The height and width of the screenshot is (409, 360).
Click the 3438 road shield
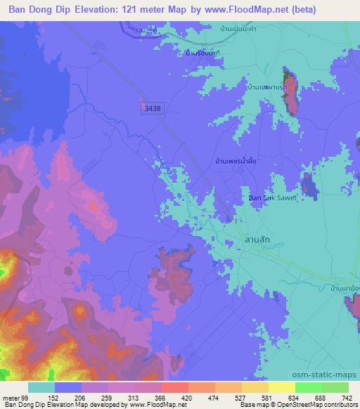[x=150, y=109]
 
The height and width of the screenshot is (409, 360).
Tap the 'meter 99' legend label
[x=15, y=398]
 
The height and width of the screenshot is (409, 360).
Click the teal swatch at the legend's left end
[x=41, y=387]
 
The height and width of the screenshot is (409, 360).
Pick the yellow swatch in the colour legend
[x=281, y=387]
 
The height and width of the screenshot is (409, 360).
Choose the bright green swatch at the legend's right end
[x=335, y=387]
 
